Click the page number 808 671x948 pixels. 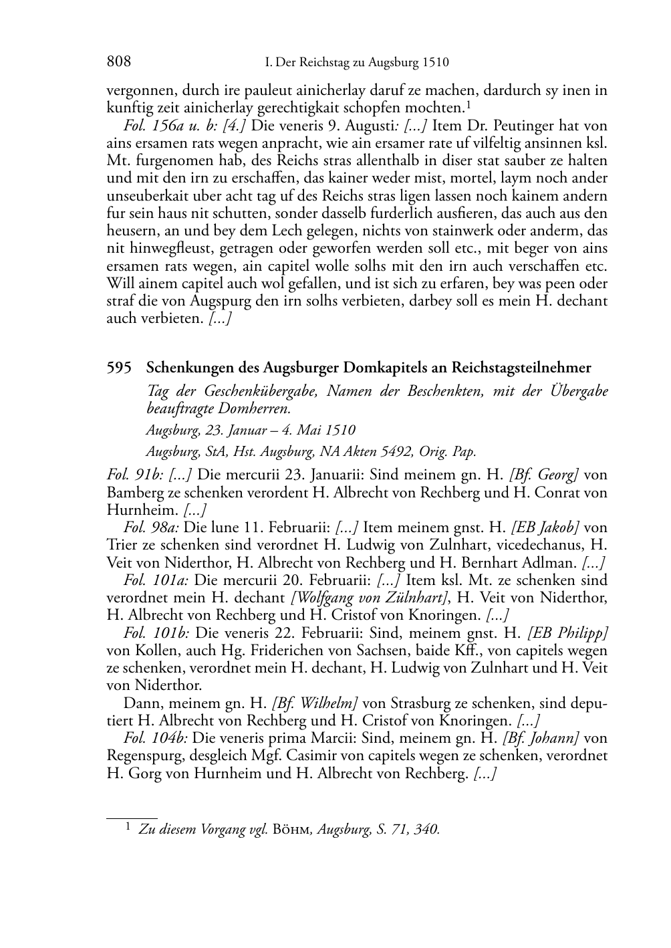(x=118, y=62)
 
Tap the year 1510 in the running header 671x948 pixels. (x=436, y=63)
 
